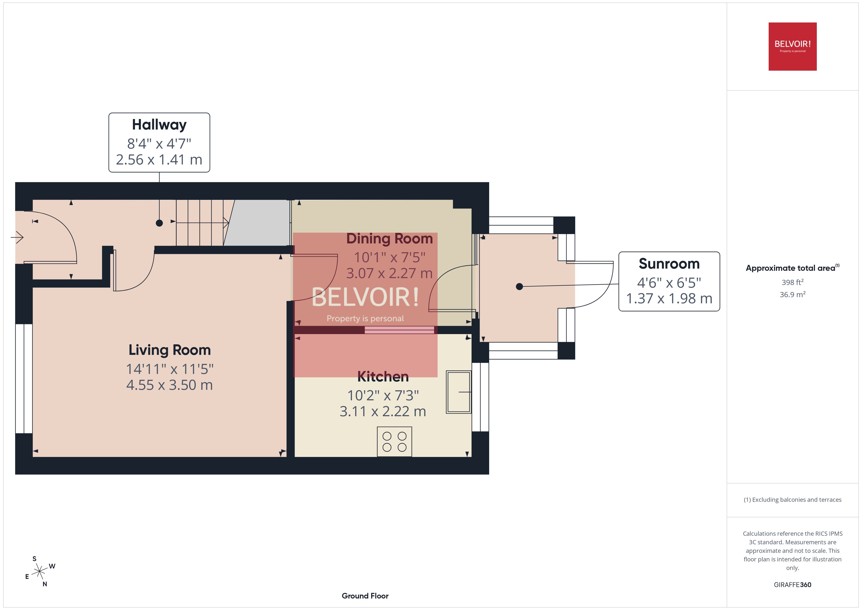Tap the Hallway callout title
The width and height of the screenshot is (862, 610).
coord(159,125)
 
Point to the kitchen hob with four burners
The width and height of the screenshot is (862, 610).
coord(394,442)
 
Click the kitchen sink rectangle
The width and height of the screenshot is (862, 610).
coord(458,392)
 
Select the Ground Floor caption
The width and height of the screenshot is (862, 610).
coord(365,596)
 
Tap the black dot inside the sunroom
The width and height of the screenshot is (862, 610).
coord(519,287)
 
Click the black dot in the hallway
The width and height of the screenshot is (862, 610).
coord(159,223)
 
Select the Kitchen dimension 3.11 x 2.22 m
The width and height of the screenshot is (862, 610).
coord(383,412)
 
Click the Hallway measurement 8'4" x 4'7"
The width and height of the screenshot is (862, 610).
coord(159,143)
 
